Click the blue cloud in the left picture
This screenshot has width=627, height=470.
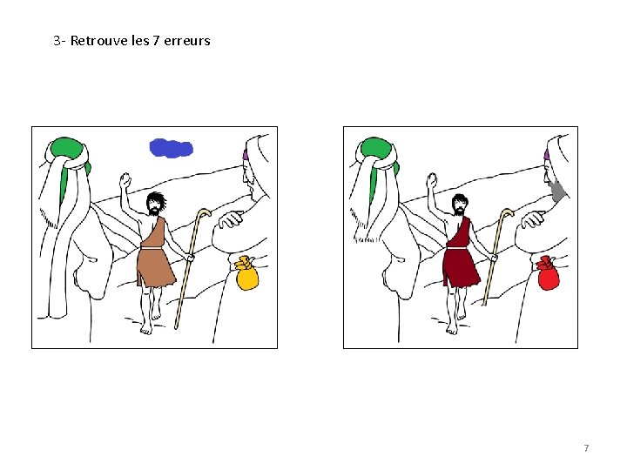click(172, 148)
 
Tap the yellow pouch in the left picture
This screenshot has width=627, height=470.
click(246, 274)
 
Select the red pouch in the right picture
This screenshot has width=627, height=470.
click(549, 274)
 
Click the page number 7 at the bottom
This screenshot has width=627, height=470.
click(586, 448)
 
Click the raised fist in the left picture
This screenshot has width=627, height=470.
click(125, 180)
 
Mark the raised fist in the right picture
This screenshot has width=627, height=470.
click(432, 180)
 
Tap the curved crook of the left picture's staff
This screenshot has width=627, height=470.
click(204, 212)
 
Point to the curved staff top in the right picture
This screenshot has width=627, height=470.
click(508, 212)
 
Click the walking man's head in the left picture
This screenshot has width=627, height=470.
click(155, 204)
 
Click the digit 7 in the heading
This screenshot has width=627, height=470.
click(157, 40)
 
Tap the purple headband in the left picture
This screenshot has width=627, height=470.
click(245, 154)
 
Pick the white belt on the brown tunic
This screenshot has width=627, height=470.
click(152, 248)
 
